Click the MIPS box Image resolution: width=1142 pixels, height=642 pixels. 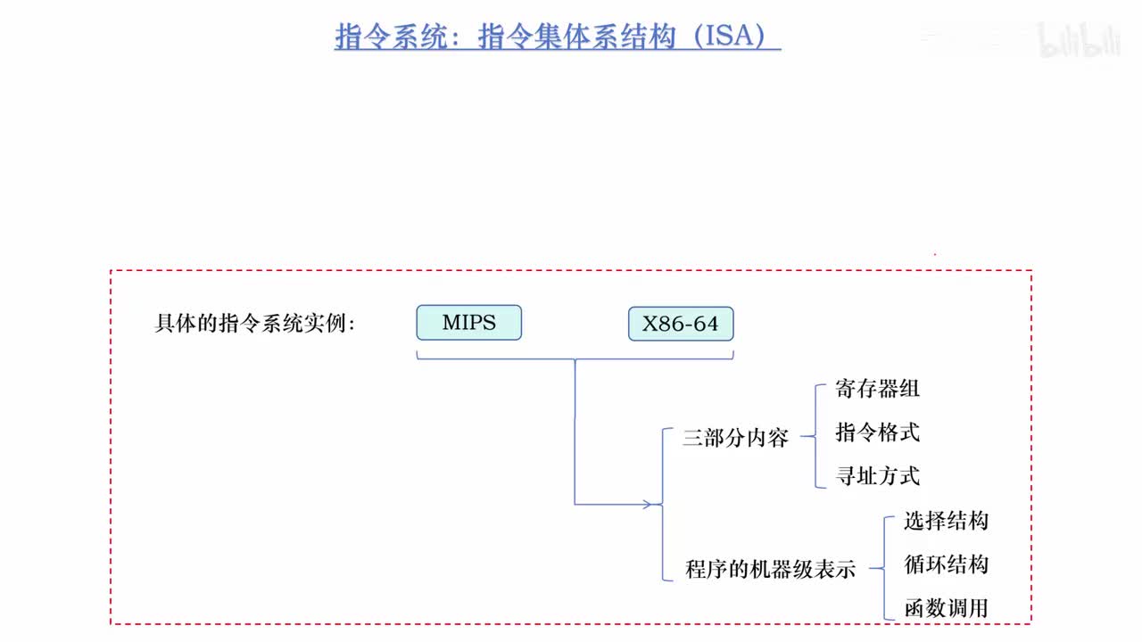(x=468, y=323)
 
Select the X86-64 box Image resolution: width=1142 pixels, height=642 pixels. (x=680, y=324)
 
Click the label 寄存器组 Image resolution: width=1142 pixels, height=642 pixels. (x=877, y=389)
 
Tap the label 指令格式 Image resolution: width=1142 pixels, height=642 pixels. (x=877, y=432)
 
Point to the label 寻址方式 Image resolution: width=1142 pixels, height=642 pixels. (x=877, y=476)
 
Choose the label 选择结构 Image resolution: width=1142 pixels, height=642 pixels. (x=946, y=521)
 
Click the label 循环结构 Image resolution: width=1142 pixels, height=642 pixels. (x=946, y=564)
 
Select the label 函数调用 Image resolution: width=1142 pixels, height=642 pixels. (x=946, y=609)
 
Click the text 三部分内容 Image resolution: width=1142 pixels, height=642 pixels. (x=735, y=439)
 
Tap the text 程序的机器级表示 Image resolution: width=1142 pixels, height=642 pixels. (x=770, y=569)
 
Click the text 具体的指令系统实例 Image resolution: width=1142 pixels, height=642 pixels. (x=254, y=324)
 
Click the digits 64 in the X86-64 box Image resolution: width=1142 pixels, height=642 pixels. (x=705, y=325)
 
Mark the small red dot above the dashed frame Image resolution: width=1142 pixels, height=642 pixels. (x=934, y=254)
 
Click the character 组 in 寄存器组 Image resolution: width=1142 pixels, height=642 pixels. (x=909, y=389)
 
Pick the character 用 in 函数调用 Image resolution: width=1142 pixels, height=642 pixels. (x=978, y=609)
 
